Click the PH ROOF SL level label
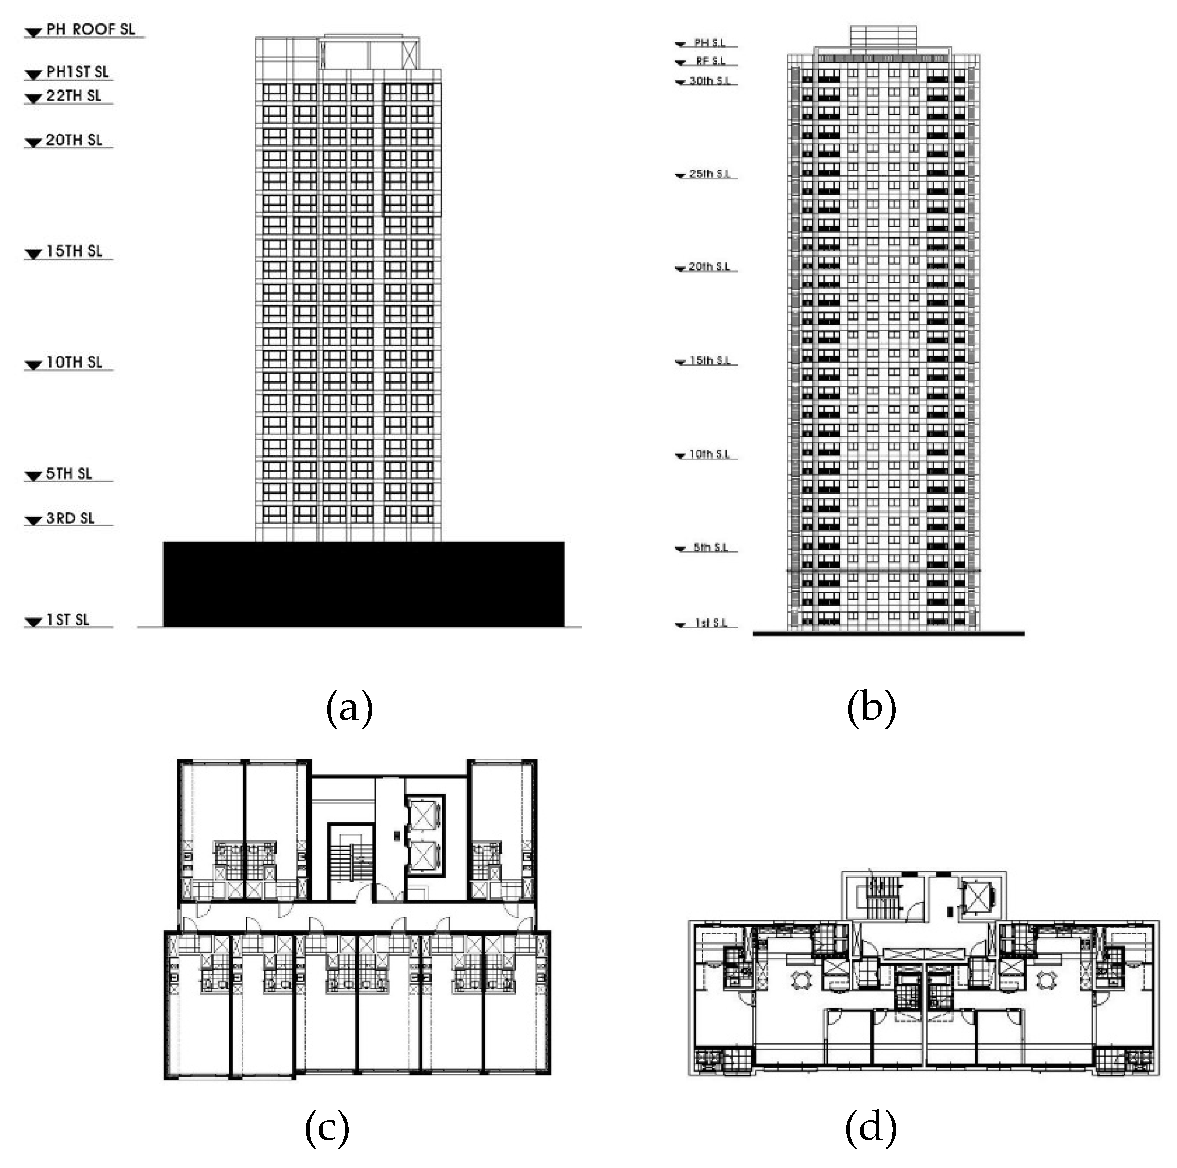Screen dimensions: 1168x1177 90,29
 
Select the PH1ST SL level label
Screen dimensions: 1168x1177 77,72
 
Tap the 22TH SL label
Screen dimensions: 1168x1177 74,96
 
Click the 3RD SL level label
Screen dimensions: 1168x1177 70,518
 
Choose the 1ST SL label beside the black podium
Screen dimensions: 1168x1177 68,619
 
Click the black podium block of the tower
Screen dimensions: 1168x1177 363,584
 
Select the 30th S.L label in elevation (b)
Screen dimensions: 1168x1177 709,81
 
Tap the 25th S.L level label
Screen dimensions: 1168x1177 709,174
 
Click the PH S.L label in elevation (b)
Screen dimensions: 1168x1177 710,43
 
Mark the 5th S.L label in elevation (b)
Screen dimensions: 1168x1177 710,547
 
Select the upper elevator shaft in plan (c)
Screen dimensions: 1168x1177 424,814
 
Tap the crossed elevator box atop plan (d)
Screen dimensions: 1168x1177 976,898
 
